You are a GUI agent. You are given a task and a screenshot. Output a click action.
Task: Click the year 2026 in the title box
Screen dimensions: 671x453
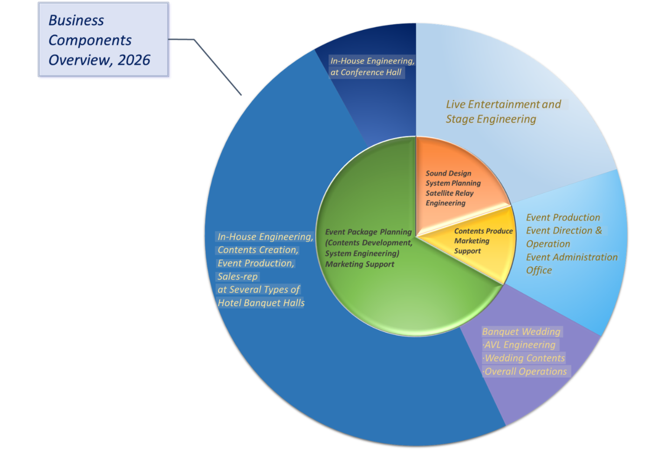click(134, 60)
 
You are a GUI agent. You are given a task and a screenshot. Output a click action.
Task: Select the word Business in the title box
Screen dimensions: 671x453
click(76, 21)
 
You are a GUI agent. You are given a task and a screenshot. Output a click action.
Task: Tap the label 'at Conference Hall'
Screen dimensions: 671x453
click(366, 73)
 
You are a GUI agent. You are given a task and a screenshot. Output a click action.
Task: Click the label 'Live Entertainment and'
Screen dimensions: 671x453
click(503, 104)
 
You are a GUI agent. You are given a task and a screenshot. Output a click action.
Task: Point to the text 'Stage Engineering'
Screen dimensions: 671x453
click(491, 119)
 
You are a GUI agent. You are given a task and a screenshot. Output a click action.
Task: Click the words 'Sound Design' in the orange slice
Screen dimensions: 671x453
click(448, 173)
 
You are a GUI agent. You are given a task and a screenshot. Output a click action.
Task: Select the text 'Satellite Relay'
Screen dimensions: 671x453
click(450, 193)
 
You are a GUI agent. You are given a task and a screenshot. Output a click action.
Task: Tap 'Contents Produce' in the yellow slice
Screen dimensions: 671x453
click(484, 231)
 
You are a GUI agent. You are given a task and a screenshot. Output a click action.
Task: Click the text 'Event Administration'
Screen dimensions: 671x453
click(572, 257)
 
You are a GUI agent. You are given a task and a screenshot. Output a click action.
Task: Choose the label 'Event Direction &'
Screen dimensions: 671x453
click(564, 230)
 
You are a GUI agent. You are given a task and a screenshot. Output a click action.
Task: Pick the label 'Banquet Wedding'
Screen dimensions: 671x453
click(521, 332)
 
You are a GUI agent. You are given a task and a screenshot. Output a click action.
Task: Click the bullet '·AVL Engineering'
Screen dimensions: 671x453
click(519, 345)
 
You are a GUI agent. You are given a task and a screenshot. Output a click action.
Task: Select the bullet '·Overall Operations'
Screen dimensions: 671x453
click(525, 371)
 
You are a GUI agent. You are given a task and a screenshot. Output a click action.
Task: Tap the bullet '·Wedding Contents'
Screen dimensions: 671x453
click(524, 358)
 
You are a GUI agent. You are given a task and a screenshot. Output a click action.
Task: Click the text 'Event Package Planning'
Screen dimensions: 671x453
click(369, 232)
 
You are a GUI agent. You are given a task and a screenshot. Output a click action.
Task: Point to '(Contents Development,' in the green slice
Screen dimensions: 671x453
click(369, 243)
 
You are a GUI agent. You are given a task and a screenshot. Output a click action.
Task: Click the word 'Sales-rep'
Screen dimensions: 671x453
click(238, 276)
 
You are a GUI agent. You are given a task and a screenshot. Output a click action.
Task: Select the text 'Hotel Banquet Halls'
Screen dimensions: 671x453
click(261, 303)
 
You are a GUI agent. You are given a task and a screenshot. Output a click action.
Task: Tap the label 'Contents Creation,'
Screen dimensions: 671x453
click(258, 250)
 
